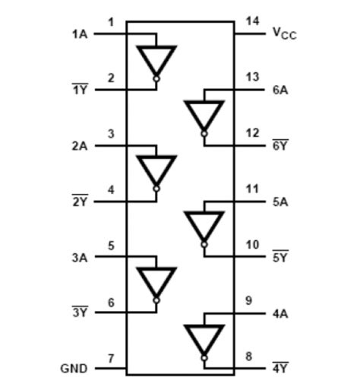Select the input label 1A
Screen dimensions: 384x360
pyautogui.click(x=79, y=34)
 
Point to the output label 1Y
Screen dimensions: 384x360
pyautogui.click(x=79, y=90)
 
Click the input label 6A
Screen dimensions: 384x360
pyautogui.click(x=279, y=90)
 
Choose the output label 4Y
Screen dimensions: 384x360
pyautogui.click(x=279, y=369)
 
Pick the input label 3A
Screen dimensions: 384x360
pyautogui.click(x=79, y=257)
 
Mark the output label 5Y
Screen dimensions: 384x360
pyautogui.click(x=279, y=257)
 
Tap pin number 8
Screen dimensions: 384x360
pyautogui.click(x=251, y=356)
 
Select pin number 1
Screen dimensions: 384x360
pyautogui.click(x=111, y=22)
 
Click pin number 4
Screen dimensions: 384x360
pyautogui.click(x=111, y=189)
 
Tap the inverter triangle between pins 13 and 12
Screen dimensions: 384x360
pyautogui.click(x=204, y=115)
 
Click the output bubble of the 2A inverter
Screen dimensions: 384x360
pyautogui.click(x=156, y=189)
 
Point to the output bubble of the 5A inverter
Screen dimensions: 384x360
pyautogui.click(x=204, y=244)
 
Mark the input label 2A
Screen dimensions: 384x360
pyautogui.click(x=79, y=145)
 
